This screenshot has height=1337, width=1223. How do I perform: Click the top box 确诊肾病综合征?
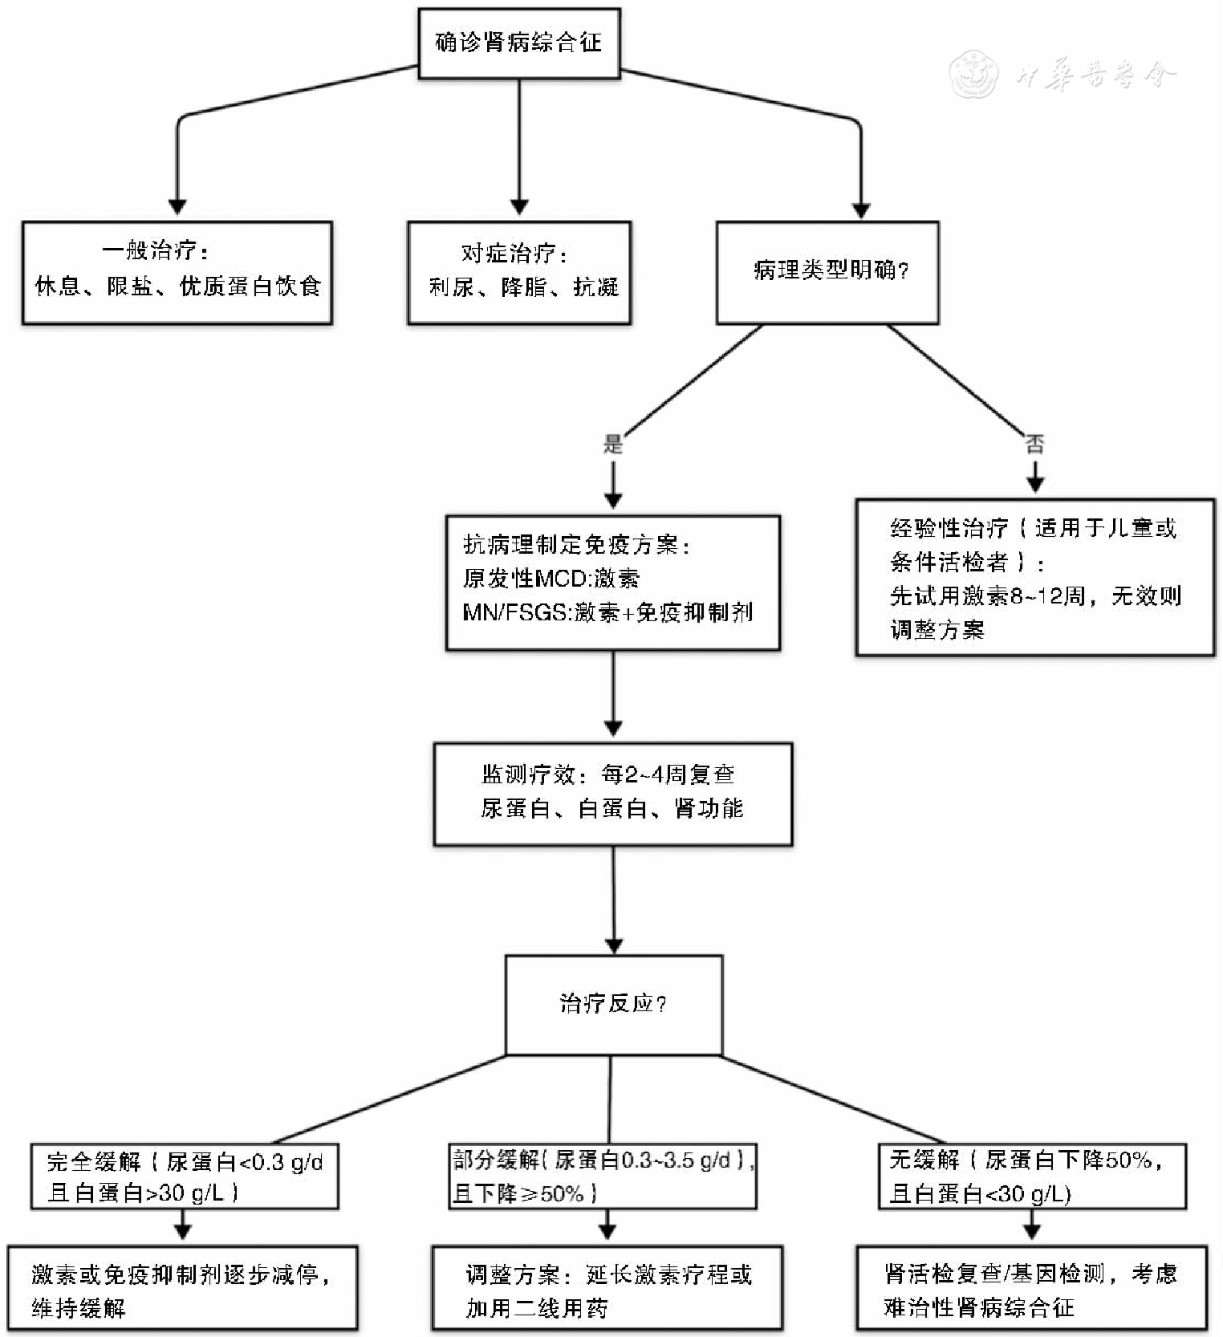coord(519,43)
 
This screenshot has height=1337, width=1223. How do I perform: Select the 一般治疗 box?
coord(177,273)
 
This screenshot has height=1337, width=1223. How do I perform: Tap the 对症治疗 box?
coord(519,273)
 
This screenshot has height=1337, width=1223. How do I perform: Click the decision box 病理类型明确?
coord(827,273)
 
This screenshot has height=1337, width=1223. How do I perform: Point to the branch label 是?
coord(613,444)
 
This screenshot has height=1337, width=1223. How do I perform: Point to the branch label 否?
coord(1035,444)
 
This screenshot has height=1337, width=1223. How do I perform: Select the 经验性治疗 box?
coord(1035,578)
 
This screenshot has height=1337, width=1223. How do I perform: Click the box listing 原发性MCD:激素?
coord(613,583)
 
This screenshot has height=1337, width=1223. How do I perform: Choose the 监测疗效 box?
coord(613,794)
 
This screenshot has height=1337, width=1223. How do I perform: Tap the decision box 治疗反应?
coord(613,1005)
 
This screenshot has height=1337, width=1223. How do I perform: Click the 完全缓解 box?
coord(184,1176)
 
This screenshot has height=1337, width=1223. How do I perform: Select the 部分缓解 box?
coord(603,1176)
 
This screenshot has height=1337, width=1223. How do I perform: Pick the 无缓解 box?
coord(1032,1176)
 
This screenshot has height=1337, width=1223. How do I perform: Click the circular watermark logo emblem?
coord(973,75)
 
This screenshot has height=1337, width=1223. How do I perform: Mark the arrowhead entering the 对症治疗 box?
coord(519,208)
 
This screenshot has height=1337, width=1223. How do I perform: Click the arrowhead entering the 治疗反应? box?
coord(614,945)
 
